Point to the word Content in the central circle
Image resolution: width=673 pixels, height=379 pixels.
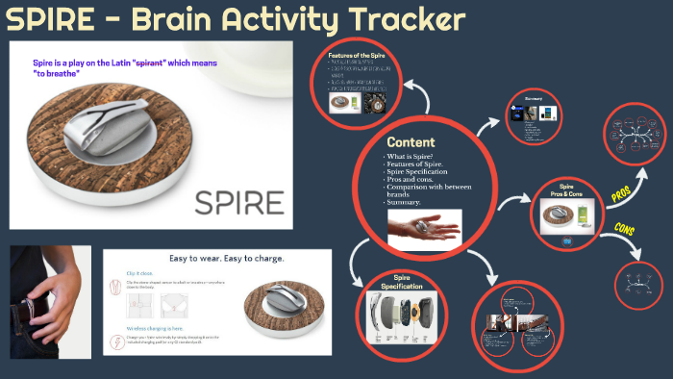pyautogui.click(x=418, y=140)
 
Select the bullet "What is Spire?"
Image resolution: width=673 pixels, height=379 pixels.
pyautogui.click(x=411, y=156)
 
